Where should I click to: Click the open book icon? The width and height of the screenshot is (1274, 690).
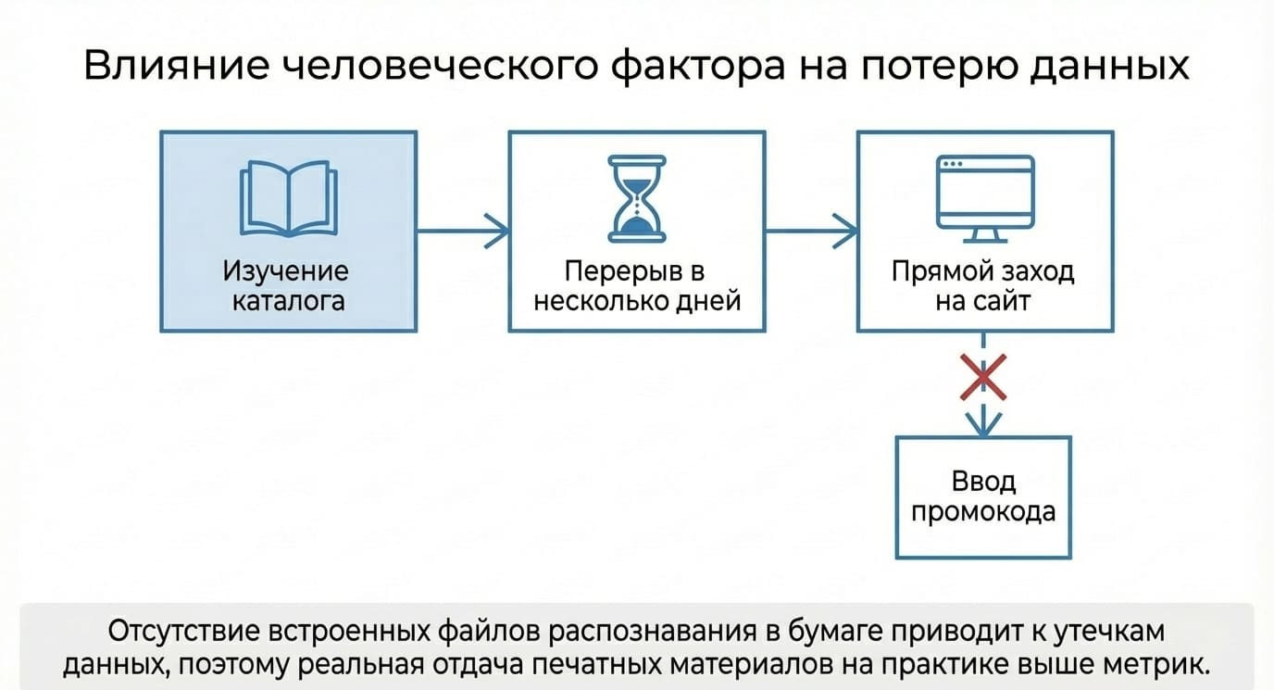[289, 198]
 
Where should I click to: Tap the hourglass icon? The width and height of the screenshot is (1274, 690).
[637, 199]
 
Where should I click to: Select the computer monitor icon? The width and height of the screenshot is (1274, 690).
[985, 199]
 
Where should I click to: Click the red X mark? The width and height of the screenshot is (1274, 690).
[983, 377]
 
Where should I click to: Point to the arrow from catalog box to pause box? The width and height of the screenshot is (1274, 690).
[463, 231]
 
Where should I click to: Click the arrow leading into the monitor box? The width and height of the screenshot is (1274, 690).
[812, 231]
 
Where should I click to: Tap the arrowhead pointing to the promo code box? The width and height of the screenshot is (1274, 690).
[983, 424]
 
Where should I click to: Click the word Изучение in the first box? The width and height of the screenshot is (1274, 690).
[285, 270]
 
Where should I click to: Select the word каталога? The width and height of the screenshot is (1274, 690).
[288, 301]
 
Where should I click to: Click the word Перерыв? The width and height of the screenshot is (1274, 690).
[623, 270]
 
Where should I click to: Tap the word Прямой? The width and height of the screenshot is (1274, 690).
[943, 271]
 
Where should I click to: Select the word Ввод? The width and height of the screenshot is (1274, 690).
[983, 482]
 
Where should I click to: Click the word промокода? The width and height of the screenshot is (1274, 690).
[983, 512]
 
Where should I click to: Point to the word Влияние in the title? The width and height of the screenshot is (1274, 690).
[177, 66]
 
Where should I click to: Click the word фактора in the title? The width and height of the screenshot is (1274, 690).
[699, 67]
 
